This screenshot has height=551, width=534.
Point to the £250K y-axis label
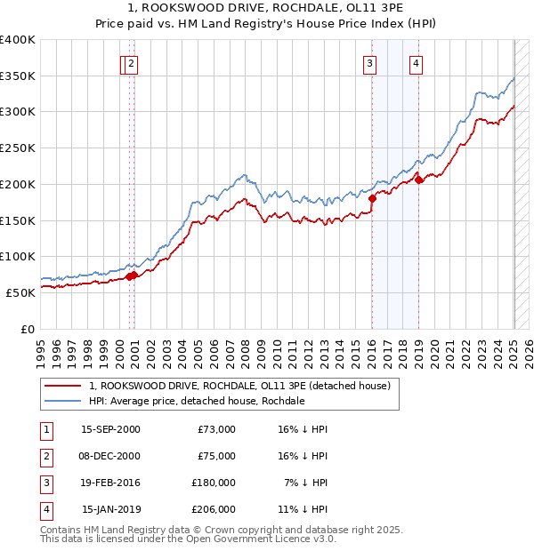coord(18,148)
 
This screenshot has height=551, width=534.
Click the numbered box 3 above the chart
coord(368,62)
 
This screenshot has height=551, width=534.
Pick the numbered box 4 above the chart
coord(416,62)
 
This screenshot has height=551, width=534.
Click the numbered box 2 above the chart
coord(132,62)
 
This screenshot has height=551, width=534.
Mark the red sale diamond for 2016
coord(372,199)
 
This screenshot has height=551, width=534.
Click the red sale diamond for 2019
coord(418,180)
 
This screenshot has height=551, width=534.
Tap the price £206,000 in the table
coord(214,509)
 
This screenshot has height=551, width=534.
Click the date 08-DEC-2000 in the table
coord(110,456)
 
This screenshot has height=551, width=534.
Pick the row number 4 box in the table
coord(44,509)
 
